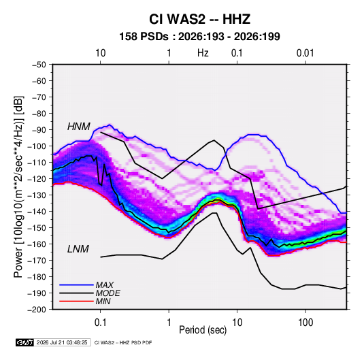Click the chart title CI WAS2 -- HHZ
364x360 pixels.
pyautogui.click(x=199, y=19)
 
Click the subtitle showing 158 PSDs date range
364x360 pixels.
pyautogui.click(x=199, y=37)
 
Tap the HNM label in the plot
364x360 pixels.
pyautogui.click(x=79, y=127)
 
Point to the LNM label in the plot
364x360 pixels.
pyautogui.click(x=78, y=249)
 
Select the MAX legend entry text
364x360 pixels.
pyautogui.click(x=105, y=285)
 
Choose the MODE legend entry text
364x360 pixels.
pyautogui.click(x=107, y=293)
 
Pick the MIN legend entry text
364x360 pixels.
pyautogui.click(x=103, y=301)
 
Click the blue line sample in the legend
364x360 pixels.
pyautogui.click(x=76, y=285)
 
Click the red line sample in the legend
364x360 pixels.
pyautogui.click(x=76, y=301)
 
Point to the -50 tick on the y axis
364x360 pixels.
pyautogui.click(x=39, y=65)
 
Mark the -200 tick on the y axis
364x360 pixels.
pyautogui.click(x=37, y=310)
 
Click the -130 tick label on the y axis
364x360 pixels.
pyautogui.click(x=37, y=195)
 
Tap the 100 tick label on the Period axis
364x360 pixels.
pyautogui.click(x=305, y=323)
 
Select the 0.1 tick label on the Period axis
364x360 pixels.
pyautogui.click(x=100, y=323)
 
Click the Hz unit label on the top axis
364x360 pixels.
pyautogui.click(x=203, y=53)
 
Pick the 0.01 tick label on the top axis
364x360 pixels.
pyautogui.click(x=305, y=53)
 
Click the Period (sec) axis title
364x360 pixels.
pyautogui.click(x=203, y=330)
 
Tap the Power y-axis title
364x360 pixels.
pyautogui.click(x=18, y=186)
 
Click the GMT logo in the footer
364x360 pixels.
pyautogui.click(x=25, y=342)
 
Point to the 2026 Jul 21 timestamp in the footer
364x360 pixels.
pyautogui.click(x=62, y=342)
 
